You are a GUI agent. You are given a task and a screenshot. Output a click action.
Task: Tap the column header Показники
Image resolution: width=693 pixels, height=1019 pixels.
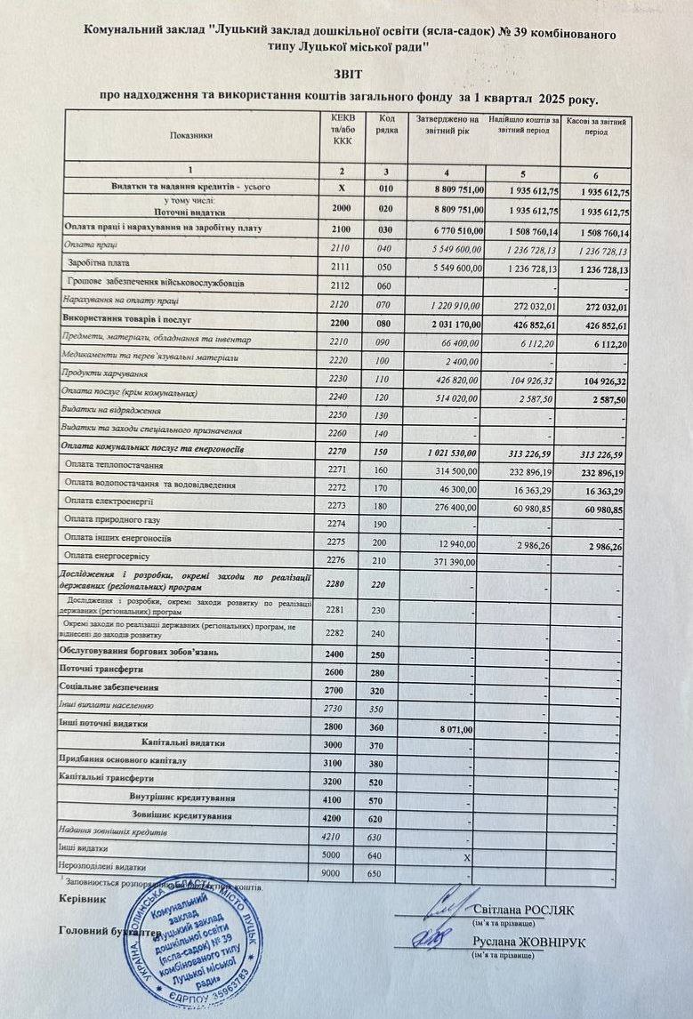(191, 135)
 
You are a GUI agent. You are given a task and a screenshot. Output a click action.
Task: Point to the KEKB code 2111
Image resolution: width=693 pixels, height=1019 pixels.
(342, 267)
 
